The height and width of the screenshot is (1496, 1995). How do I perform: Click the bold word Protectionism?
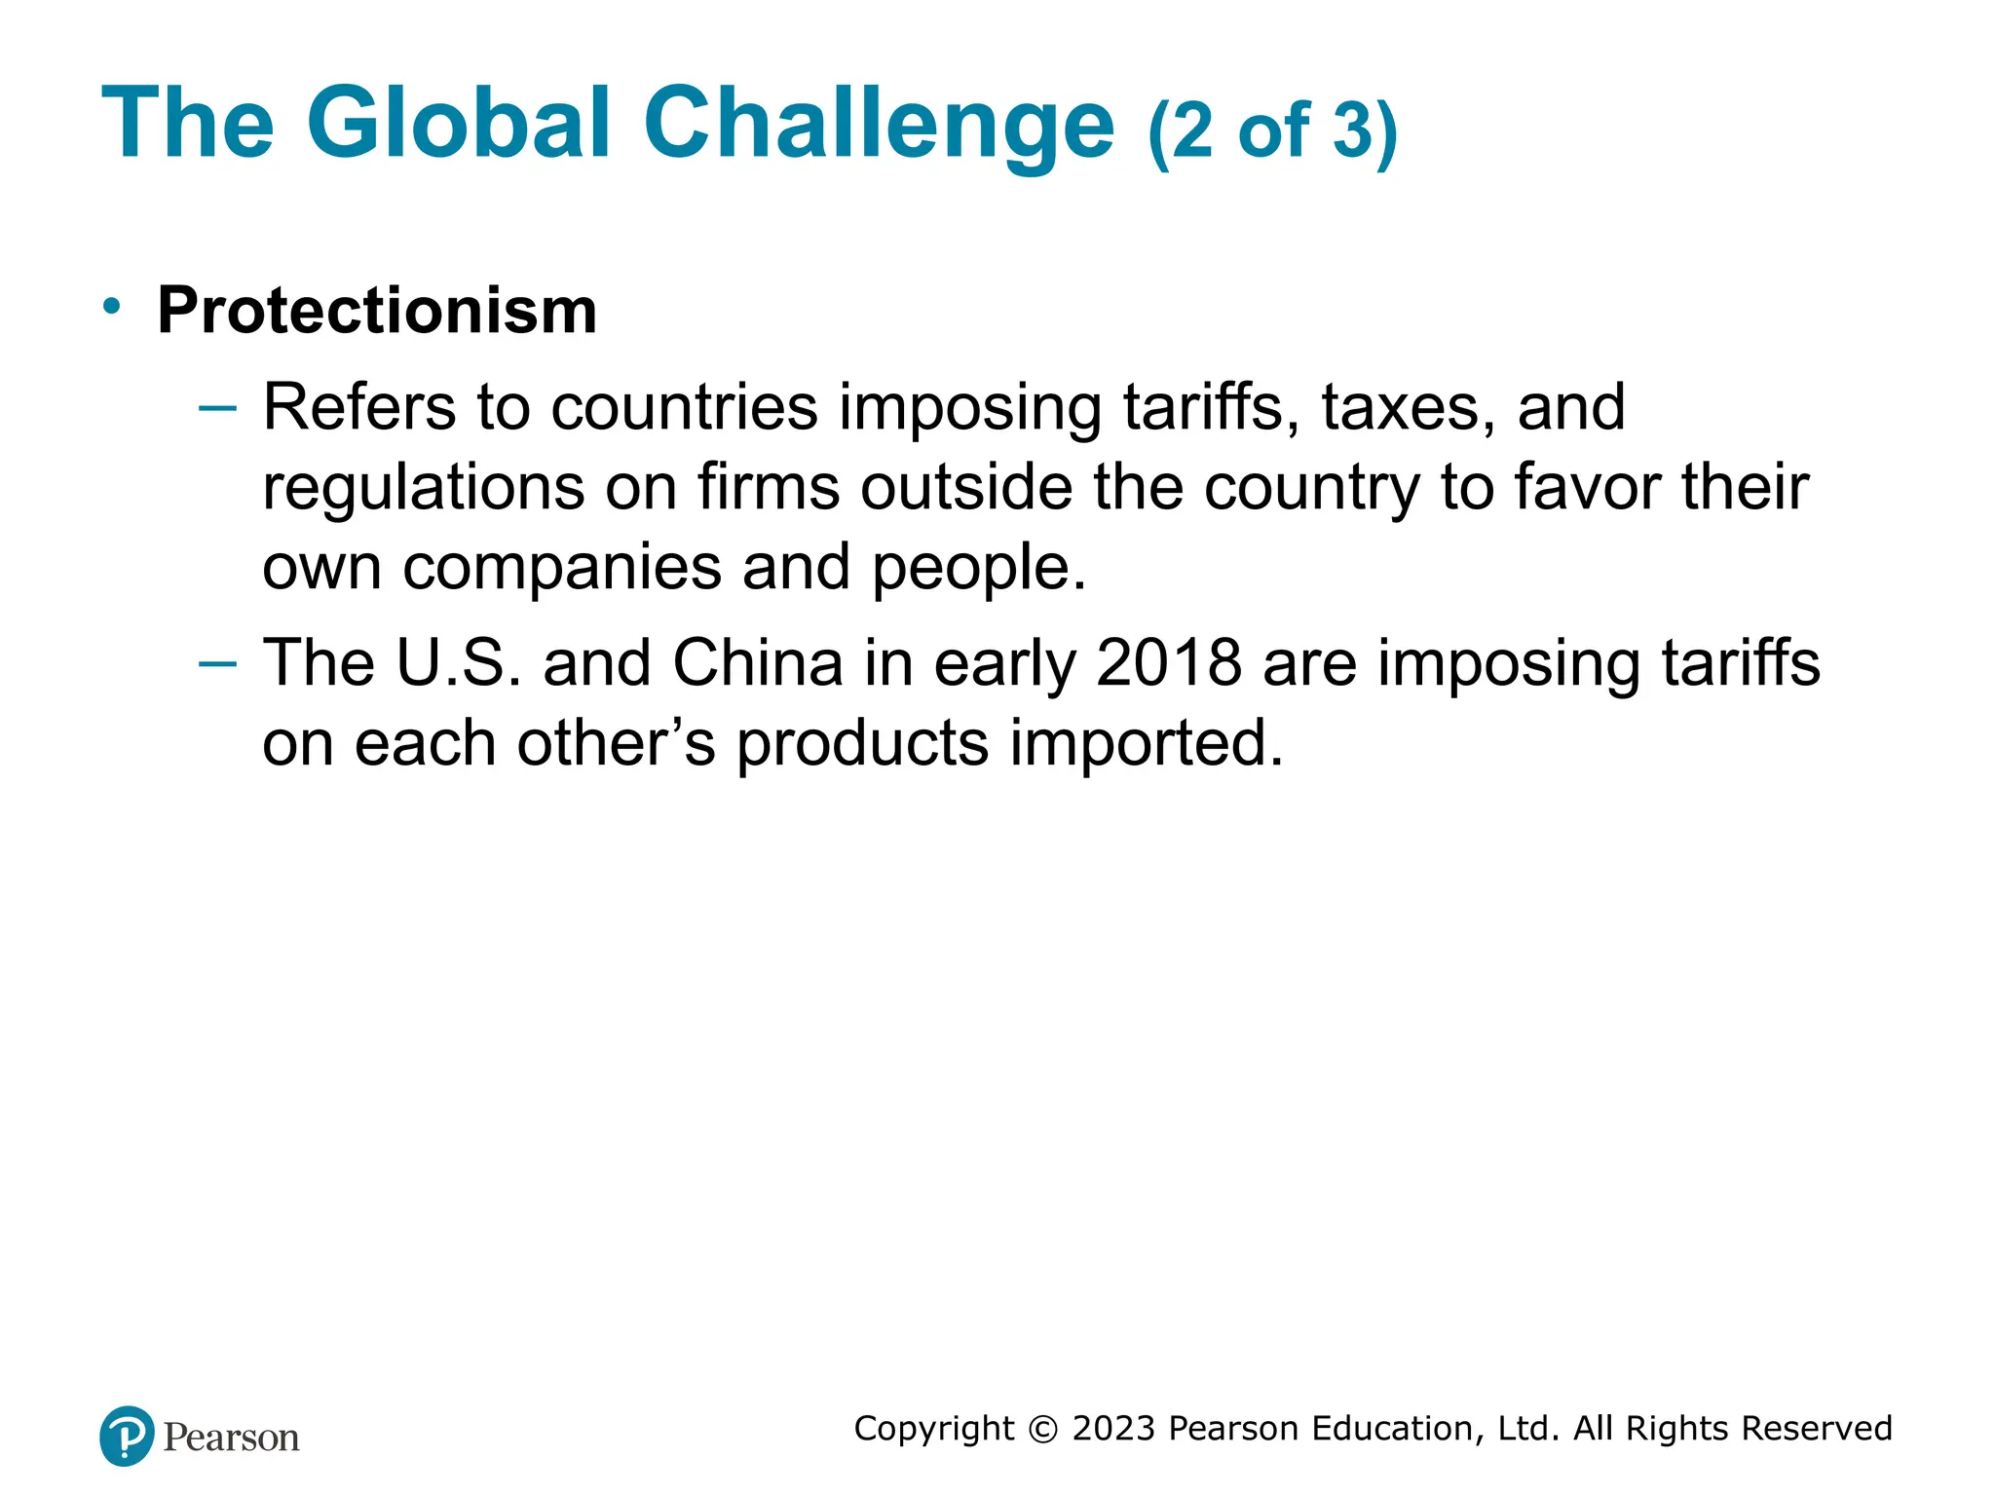[377, 311]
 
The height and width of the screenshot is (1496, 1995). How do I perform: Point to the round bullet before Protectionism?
[113, 306]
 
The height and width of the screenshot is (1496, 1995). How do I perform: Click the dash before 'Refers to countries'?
[217, 407]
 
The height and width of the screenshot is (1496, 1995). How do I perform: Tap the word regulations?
[423, 488]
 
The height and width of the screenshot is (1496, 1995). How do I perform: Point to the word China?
[757, 664]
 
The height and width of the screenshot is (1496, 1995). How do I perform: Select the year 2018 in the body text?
[1168, 664]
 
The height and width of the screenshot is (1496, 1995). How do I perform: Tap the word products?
[861, 744]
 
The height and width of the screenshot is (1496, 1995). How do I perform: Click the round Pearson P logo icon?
[127, 1437]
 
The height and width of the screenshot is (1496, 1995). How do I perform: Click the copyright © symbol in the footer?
[1042, 1429]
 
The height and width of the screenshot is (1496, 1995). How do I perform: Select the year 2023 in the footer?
[1113, 1429]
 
